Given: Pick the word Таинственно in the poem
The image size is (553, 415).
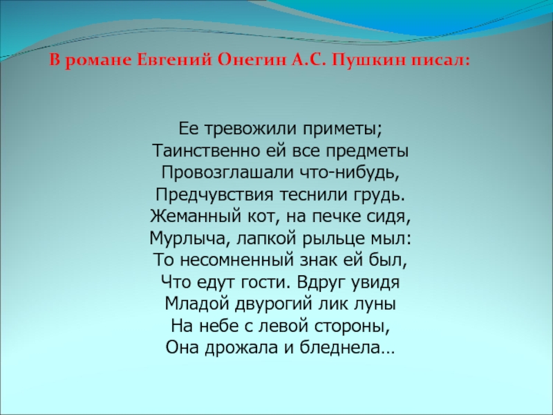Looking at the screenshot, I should click(195, 150).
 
